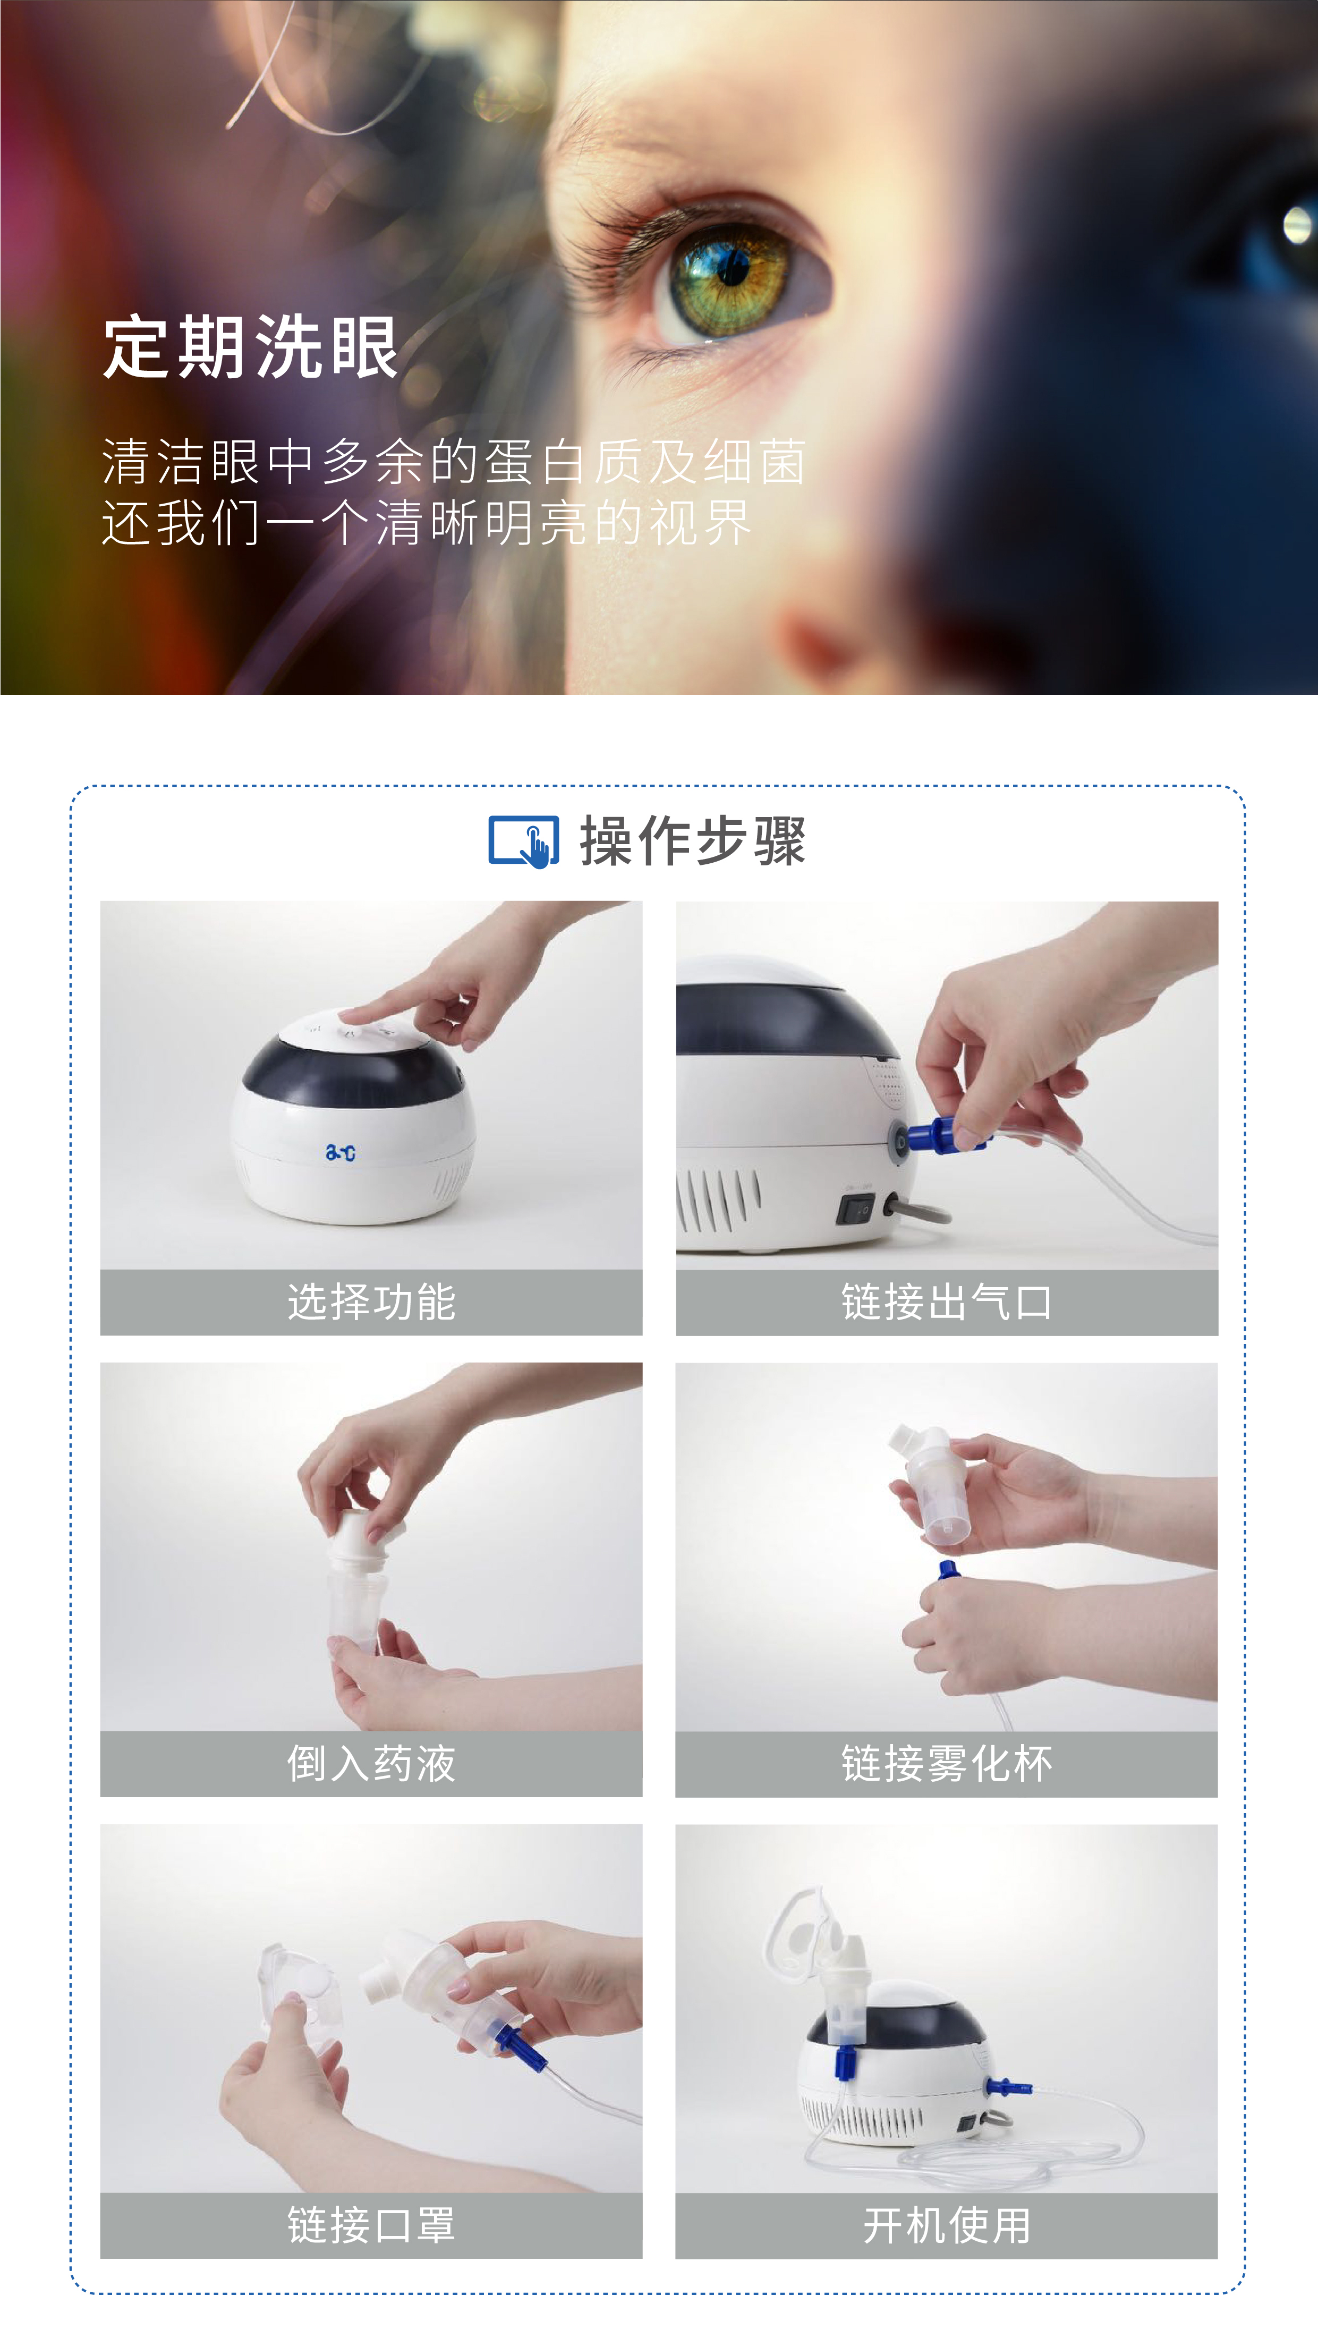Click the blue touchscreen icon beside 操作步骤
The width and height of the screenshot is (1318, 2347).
coord(524,841)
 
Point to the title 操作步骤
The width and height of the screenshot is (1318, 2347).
coord(692,841)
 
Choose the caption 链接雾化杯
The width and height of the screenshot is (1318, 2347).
coord(946,1763)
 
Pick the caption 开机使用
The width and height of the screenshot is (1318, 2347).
coord(946,2225)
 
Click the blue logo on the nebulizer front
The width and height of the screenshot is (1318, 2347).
coord(341,1153)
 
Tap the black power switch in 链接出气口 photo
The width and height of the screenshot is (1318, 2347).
coord(855,1210)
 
